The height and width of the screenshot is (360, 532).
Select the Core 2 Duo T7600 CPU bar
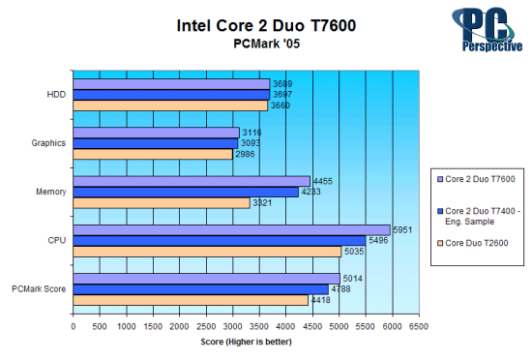(x=232, y=229)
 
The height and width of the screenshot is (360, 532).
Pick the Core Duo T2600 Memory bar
(x=162, y=202)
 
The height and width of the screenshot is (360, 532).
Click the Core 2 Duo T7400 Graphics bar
(x=155, y=143)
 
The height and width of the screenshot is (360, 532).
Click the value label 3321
(x=263, y=202)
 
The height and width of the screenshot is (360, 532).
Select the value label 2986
(x=246, y=154)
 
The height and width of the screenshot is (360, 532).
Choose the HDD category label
(x=56, y=94)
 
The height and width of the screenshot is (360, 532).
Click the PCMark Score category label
(x=40, y=288)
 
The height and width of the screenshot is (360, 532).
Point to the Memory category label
(x=50, y=192)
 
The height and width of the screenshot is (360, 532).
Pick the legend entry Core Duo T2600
(x=478, y=242)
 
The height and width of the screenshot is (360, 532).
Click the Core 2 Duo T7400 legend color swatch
(x=440, y=205)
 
